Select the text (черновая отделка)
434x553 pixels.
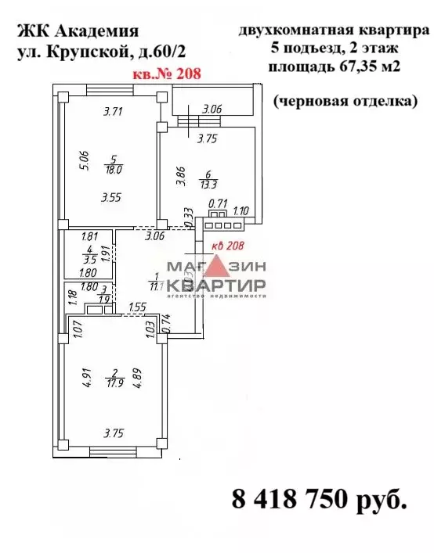345,101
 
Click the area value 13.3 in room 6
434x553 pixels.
208,185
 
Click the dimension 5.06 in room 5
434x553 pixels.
74,160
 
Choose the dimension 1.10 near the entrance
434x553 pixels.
242,210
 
